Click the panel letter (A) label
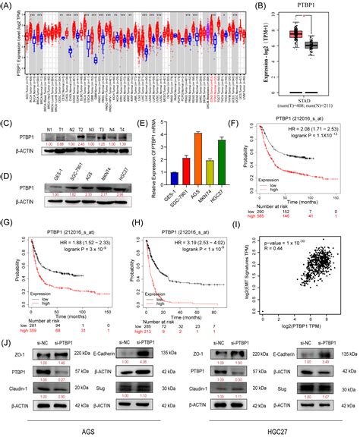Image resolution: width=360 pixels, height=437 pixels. coord(8,5)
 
